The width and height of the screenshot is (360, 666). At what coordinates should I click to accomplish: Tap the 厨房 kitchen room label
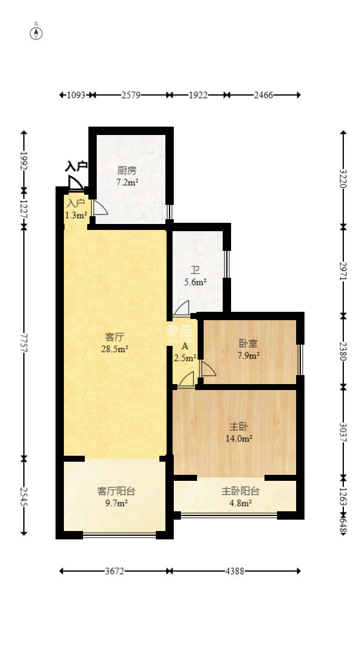(127, 169)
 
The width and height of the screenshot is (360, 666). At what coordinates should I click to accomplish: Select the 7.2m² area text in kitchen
(127, 182)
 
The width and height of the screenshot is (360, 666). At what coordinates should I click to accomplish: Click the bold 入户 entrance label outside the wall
(76, 165)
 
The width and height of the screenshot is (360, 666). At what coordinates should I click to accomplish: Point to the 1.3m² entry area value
(76, 215)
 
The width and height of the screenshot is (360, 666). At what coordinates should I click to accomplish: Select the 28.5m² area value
(115, 349)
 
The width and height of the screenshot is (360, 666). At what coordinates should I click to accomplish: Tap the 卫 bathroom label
(195, 268)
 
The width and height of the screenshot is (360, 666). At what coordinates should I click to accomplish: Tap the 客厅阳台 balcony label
(116, 491)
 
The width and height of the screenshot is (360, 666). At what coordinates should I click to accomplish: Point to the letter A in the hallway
(185, 346)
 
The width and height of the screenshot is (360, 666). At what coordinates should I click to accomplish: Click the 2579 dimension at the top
(131, 95)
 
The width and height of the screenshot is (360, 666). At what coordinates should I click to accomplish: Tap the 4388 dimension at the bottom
(235, 571)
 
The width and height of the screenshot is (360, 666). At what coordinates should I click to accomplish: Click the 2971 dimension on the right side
(343, 271)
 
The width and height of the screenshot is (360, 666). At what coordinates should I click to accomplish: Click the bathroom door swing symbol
(181, 308)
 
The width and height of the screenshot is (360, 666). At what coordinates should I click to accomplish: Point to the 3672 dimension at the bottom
(114, 571)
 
